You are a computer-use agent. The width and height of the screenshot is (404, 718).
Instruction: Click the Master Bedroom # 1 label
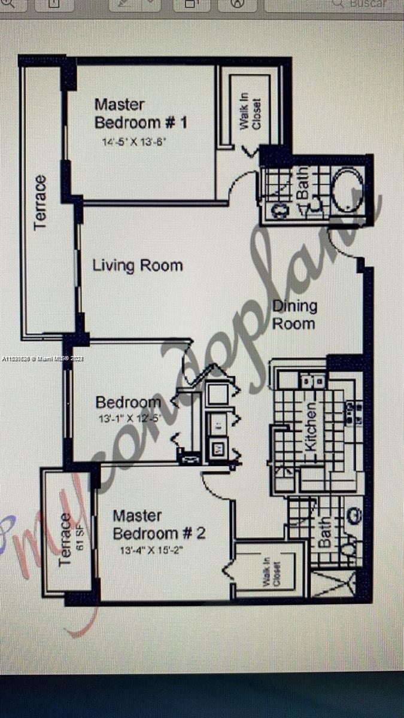(141, 114)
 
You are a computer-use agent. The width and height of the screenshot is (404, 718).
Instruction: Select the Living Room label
(138, 266)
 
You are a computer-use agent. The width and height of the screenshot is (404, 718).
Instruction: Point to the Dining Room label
(294, 315)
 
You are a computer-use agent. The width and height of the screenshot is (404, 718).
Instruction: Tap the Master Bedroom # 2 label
(159, 524)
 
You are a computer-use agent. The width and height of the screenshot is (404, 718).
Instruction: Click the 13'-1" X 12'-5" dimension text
(129, 419)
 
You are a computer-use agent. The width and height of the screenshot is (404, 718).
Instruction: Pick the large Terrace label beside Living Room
(40, 202)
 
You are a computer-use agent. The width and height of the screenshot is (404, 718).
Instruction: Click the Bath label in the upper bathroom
(303, 184)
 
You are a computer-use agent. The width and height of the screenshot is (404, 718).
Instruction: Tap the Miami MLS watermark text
(43, 359)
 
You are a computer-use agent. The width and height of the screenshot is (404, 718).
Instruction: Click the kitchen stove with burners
(351, 413)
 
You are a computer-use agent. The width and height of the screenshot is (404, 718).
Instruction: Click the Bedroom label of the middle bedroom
(128, 402)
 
